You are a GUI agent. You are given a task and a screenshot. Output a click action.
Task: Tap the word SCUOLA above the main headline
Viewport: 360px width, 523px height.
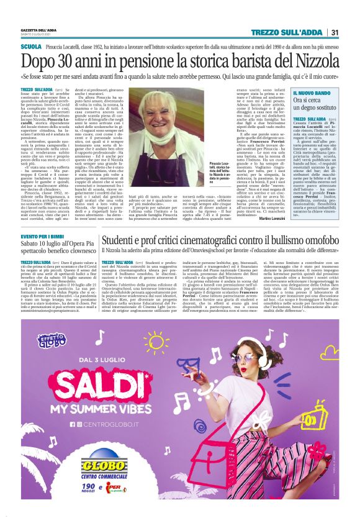pos(30,47)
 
